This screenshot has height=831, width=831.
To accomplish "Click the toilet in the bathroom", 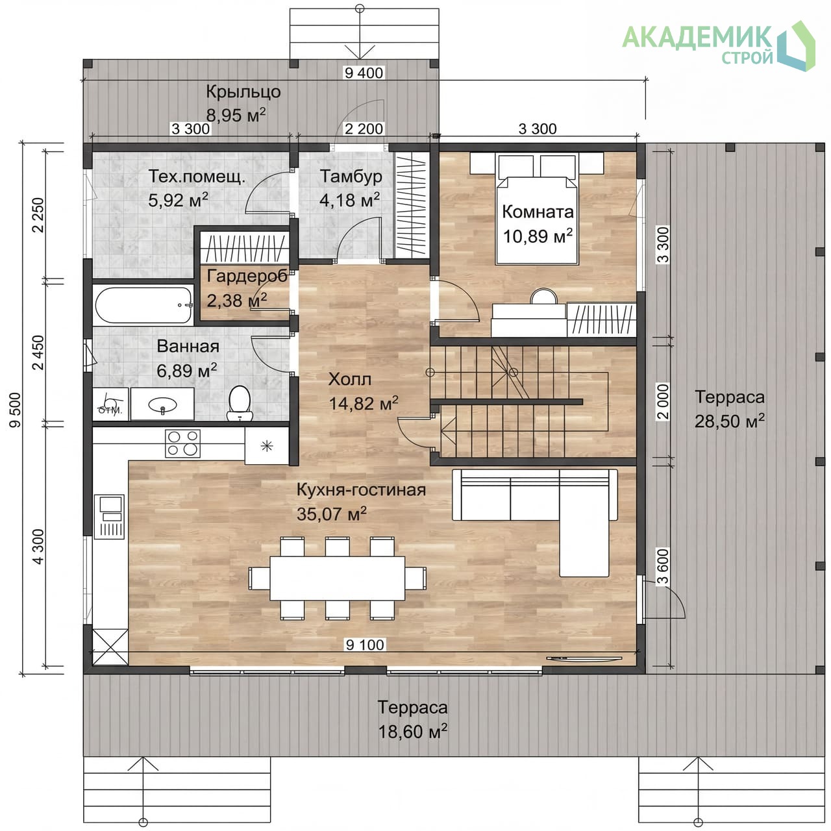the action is click(240, 403).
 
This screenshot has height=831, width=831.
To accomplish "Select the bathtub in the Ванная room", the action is click(143, 305).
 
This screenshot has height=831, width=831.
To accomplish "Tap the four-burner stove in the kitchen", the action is click(182, 443).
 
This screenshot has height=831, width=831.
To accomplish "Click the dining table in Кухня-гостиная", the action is click(337, 578).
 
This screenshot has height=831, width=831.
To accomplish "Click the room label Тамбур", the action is click(351, 177).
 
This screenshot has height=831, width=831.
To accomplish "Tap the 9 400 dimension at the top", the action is click(364, 73).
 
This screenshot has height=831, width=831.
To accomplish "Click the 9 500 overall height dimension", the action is click(15, 410).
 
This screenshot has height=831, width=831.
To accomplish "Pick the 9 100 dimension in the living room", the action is click(365, 645).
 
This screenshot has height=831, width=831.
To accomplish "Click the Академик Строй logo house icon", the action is click(797, 45).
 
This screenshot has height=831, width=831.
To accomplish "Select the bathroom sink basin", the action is click(162, 404).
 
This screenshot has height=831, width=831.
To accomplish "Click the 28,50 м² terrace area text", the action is click(729, 421).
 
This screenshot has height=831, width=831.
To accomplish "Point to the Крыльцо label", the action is click(243, 92).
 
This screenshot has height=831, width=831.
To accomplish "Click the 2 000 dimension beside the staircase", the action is click(664, 402).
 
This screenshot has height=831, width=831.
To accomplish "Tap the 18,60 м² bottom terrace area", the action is click(412, 732).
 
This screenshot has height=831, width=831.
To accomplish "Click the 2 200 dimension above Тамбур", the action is click(364, 129).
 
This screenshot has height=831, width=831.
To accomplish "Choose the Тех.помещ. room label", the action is click(197, 177).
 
